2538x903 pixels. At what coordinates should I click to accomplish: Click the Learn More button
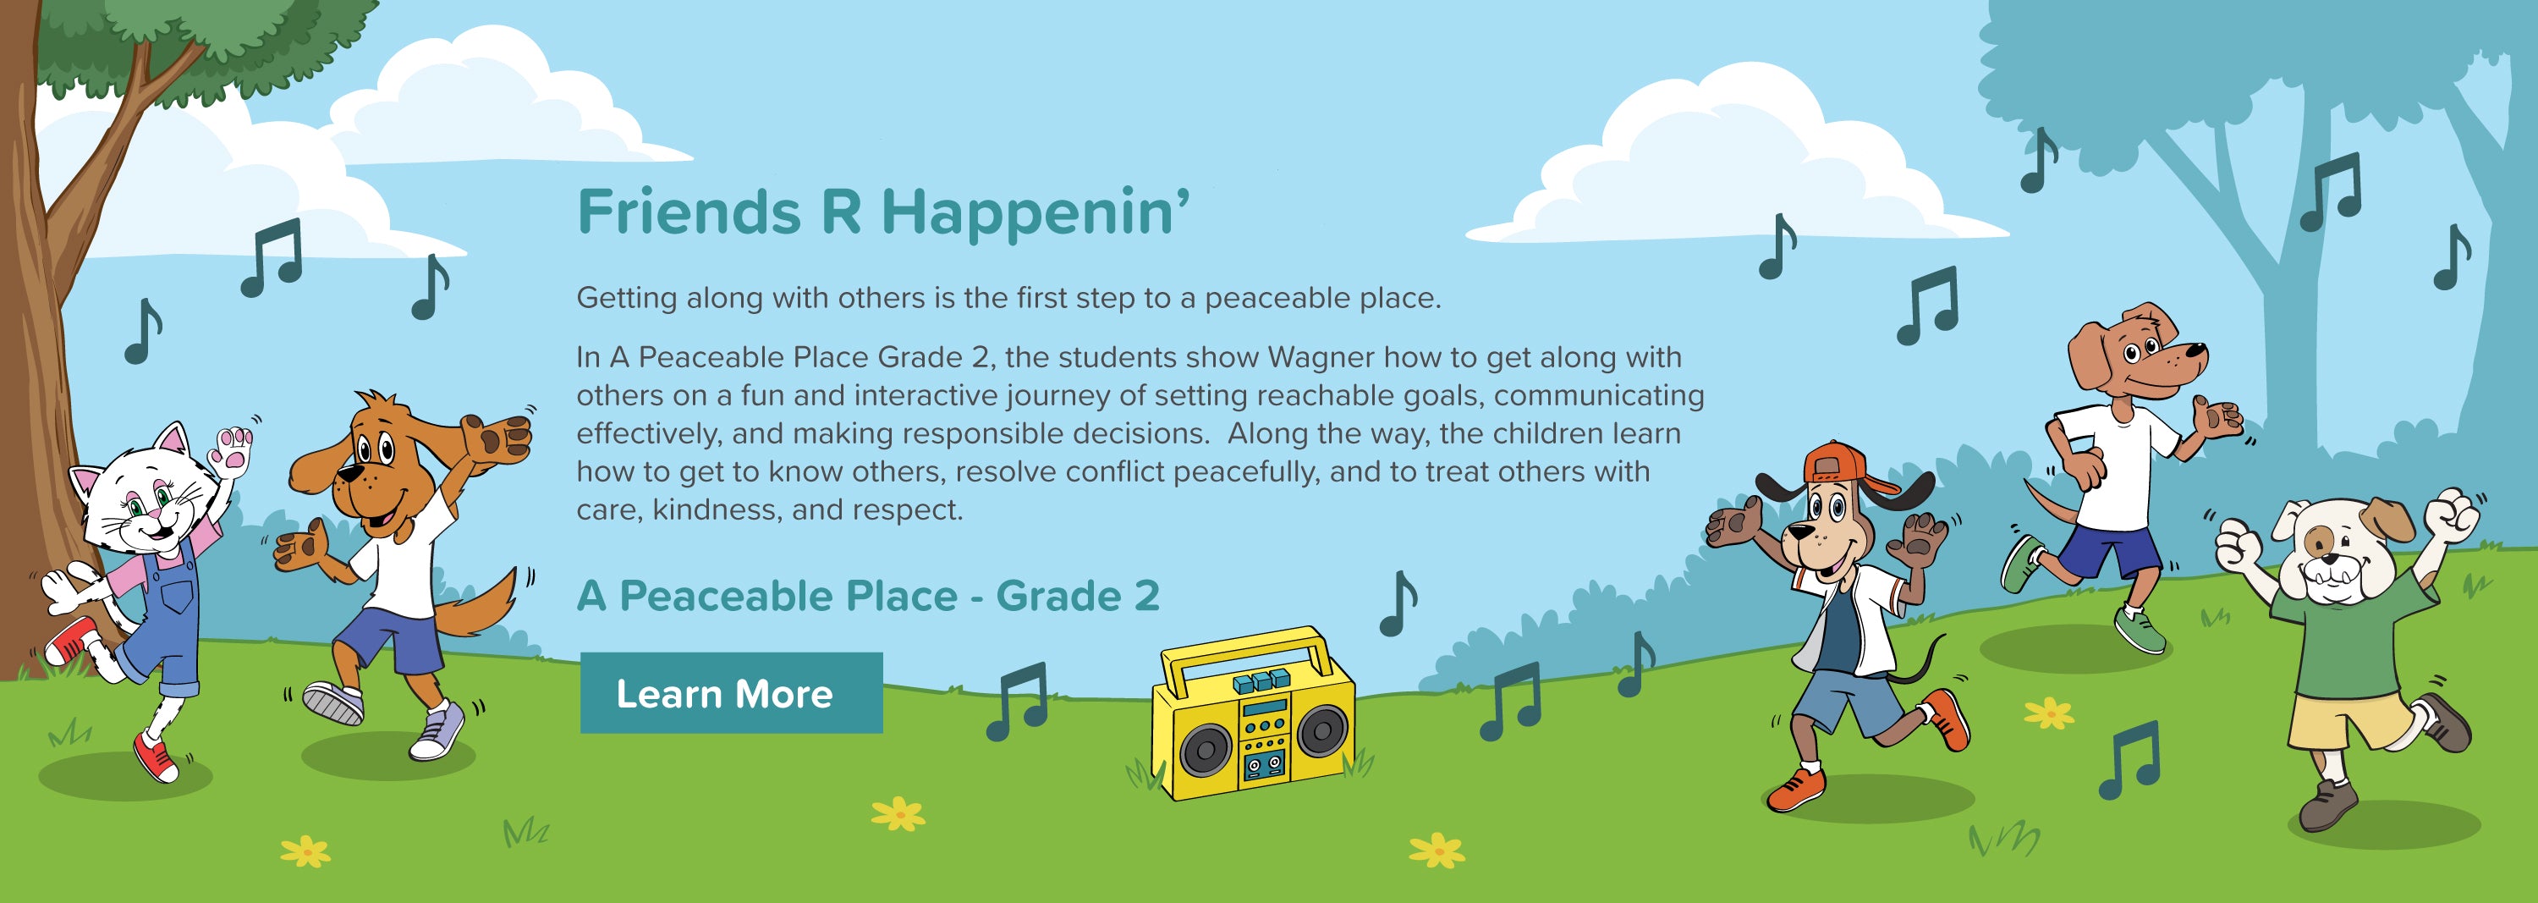(731, 692)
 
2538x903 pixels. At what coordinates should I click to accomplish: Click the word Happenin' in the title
(1036, 212)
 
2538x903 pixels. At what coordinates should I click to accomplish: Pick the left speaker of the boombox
(1204, 749)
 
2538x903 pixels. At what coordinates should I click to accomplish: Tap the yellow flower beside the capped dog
(2049, 713)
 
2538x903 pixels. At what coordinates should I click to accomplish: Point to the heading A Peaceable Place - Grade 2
(868, 596)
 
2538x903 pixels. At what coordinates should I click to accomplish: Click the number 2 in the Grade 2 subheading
(1145, 596)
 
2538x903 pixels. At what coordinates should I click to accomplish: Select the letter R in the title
(840, 212)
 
